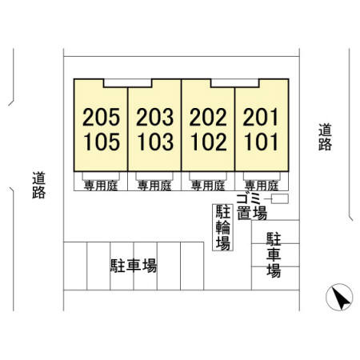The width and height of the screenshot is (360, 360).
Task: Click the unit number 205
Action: pos(102,117)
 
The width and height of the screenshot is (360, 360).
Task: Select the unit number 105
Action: pos(102,142)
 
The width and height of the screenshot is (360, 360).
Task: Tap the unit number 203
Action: pos(155,117)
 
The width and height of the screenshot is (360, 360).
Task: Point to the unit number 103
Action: pos(155,142)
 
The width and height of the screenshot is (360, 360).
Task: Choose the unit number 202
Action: pos(208,117)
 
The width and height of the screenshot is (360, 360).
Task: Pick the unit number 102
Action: pos(209,142)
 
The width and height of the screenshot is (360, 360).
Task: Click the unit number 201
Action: pos(261,117)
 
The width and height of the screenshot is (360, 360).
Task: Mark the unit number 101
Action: pos(262,142)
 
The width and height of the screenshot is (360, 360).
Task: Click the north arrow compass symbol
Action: pos(339,297)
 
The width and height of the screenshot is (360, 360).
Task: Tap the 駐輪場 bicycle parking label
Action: pos(222,227)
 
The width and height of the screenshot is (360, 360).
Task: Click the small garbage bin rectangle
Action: pos(280,199)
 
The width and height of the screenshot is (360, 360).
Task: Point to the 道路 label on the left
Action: pos(39,185)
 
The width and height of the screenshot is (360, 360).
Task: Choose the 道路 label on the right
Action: pos(325,137)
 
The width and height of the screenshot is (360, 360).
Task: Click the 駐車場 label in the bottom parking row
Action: pos(134,266)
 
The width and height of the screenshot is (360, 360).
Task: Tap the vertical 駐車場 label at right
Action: pos(274,255)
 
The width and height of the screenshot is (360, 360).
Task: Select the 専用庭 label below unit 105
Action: pos(101,186)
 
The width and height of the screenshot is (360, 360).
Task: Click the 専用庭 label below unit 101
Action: pos(262,186)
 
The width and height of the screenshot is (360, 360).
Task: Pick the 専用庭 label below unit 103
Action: pos(154,186)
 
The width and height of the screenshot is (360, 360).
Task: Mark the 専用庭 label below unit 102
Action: pos(208,186)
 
